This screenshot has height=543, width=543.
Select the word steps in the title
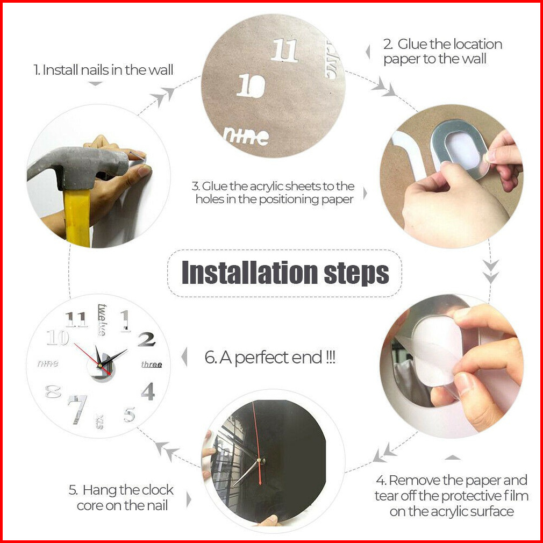click(356, 274)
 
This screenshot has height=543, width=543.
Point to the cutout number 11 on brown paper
click(284, 51)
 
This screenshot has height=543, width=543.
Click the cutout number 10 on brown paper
click(251, 85)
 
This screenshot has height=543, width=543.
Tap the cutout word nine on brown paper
click(246, 135)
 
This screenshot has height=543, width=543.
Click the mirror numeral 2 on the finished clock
click(147, 339)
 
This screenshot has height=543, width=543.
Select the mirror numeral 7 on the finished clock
click(77, 409)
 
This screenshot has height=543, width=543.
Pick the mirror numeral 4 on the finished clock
click(148, 391)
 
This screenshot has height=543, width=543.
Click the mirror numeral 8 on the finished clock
click(53, 392)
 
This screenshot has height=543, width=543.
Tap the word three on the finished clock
click(152, 365)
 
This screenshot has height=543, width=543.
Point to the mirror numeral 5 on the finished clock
click(130, 415)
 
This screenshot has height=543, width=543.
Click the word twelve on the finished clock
click(102, 320)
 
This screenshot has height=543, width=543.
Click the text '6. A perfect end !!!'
click(270, 358)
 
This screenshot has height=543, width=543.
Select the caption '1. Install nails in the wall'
click(103, 70)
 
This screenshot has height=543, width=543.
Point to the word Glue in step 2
click(412, 44)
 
